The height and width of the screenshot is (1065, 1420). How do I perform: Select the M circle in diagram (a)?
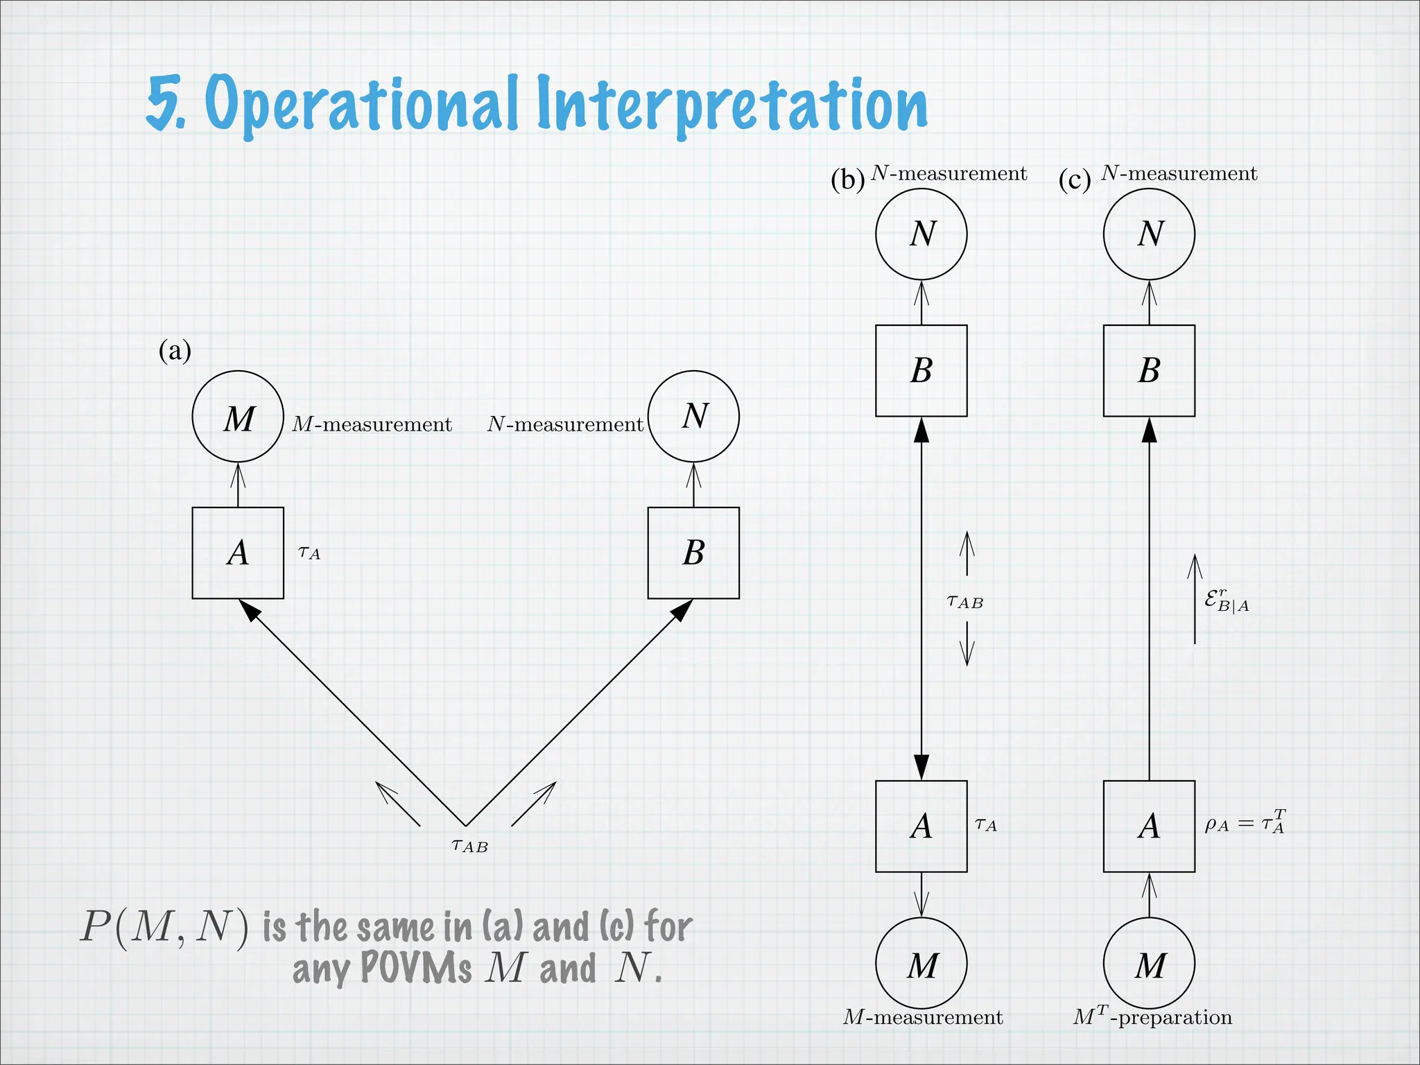(238, 417)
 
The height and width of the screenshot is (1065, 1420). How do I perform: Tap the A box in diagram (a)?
(238, 553)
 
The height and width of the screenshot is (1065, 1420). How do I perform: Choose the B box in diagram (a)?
(693, 553)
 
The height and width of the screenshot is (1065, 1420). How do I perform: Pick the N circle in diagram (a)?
(693, 417)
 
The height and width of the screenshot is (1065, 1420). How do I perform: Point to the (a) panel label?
(175, 351)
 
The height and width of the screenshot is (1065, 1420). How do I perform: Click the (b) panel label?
(847, 180)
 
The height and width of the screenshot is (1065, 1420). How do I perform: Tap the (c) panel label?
(1075, 180)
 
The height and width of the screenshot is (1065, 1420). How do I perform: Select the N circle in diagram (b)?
(921, 234)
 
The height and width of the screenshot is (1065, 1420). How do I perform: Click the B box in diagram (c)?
(1149, 370)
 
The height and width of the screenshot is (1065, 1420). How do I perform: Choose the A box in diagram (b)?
(921, 826)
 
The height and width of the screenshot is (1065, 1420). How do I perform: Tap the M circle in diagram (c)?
(1149, 963)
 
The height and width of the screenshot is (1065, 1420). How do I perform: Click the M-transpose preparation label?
(1152, 1017)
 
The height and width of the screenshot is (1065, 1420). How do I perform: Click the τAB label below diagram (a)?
(469, 846)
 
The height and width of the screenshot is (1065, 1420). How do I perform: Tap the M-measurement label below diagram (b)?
(922, 1017)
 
